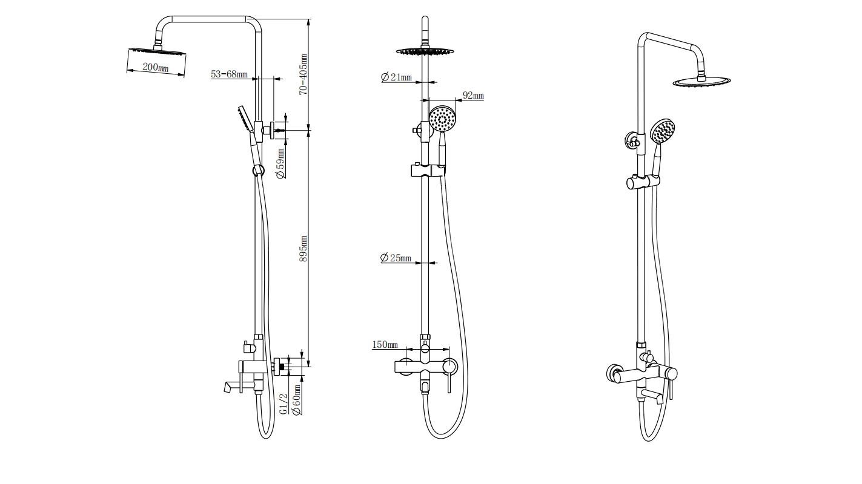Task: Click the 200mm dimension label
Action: click(x=156, y=67)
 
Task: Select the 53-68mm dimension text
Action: click(x=229, y=74)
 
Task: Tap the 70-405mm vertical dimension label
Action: click(x=303, y=74)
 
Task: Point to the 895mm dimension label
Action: click(x=303, y=249)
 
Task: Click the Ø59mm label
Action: click(x=280, y=164)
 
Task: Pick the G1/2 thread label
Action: click(x=283, y=404)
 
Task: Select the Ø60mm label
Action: click(x=296, y=400)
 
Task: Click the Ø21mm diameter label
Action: click(x=396, y=77)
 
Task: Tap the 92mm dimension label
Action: click(x=473, y=96)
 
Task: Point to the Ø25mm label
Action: click(x=396, y=258)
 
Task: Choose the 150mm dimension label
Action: click(x=385, y=345)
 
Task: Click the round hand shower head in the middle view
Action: click(x=443, y=119)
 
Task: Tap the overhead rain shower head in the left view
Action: click(x=157, y=50)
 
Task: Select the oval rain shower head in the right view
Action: click(x=701, y=82)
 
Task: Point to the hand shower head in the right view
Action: click(x=662, y=131)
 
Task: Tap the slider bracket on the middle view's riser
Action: click(x=428, y=170)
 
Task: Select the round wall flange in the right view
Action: click(x=612, y=374)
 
